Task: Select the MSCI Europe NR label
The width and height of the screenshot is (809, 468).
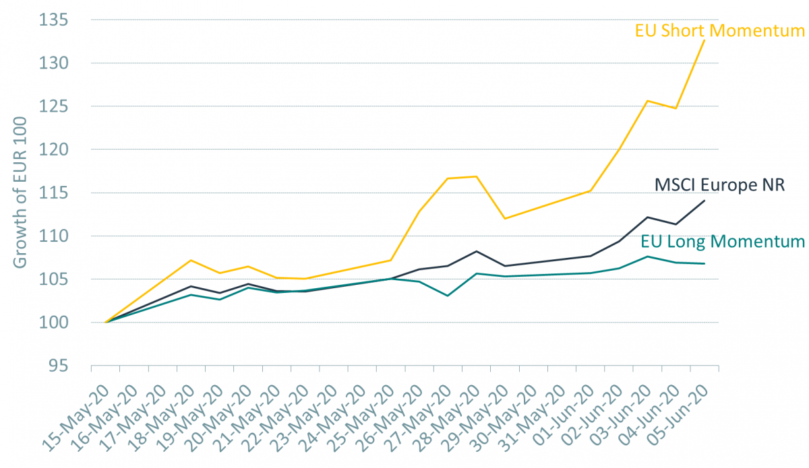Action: tap(719, 185)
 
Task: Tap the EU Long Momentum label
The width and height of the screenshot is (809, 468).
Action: tap(722, 241)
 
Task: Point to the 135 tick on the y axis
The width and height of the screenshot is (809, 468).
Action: tap(58, 20)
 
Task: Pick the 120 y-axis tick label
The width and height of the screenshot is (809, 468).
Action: tap(58, 149)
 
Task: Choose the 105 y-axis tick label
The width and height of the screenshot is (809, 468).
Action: tap(58, 279)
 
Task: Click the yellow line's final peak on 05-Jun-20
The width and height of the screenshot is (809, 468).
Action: tap(705, 40)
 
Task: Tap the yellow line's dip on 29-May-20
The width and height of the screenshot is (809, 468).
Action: tap(504, 218)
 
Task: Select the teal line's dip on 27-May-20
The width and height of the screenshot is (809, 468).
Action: tap(448, 296)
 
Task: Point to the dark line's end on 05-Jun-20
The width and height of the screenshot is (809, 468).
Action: tap(705, 201)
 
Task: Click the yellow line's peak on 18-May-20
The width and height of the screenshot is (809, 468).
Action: tap(192, 260)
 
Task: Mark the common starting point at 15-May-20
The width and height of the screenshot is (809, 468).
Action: tap(107, 322)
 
